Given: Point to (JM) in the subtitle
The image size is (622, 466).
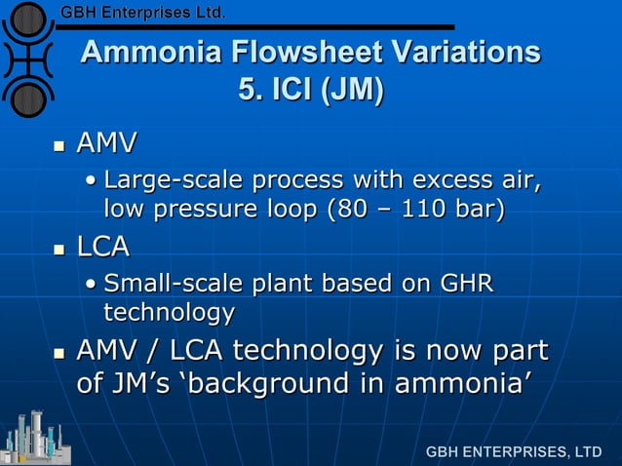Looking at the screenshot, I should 354,91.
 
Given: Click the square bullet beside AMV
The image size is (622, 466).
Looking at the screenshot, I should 58,146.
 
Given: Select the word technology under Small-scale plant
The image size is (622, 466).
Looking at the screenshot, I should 169,312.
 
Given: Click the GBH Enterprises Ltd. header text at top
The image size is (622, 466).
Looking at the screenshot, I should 143,13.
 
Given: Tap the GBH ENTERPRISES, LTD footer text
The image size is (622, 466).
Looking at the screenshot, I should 513,452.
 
